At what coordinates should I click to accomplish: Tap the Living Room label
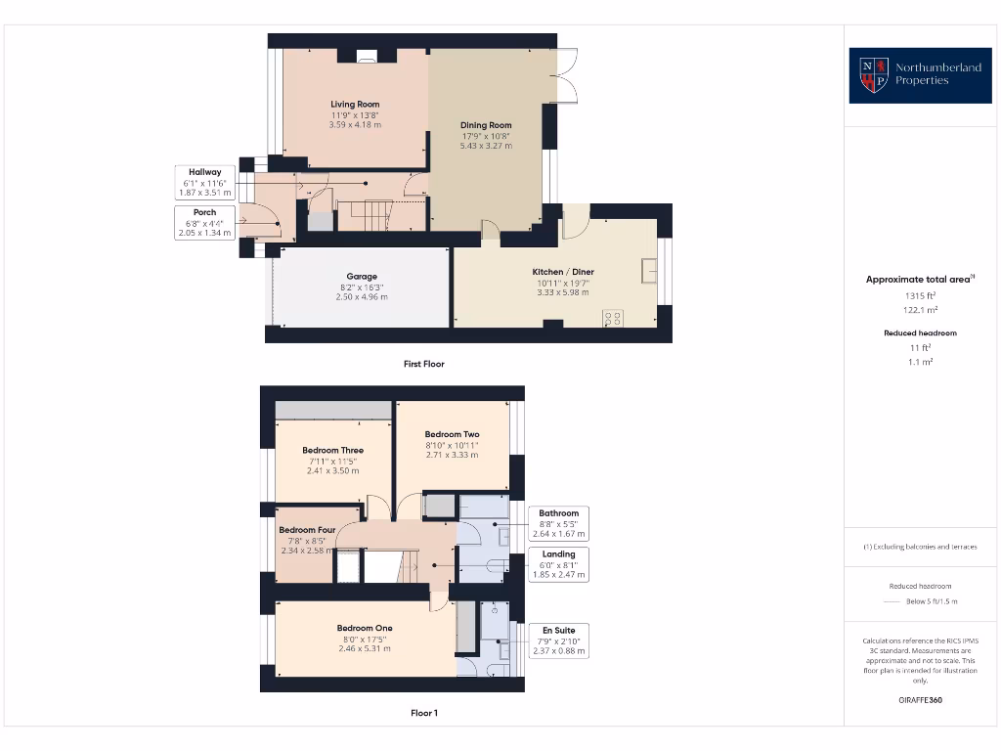coord(355,104)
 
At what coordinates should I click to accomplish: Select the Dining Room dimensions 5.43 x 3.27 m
coord(486,146)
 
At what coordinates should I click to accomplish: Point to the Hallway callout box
coord(205,183)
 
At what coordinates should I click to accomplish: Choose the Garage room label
coord(361,276)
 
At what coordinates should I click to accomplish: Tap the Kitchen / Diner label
coord(562,272)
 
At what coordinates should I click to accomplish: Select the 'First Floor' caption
coord(423,364)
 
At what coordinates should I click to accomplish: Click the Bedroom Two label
coord(452,434)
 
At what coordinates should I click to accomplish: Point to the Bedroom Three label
coord(332,451)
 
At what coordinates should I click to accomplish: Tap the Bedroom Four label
coord(307,530)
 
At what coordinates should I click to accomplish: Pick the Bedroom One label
coord(364,628)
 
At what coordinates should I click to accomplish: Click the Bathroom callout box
coord(559,523)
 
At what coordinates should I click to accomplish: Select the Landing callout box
coord(559,564)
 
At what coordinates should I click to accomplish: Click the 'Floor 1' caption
coord(423,713)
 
